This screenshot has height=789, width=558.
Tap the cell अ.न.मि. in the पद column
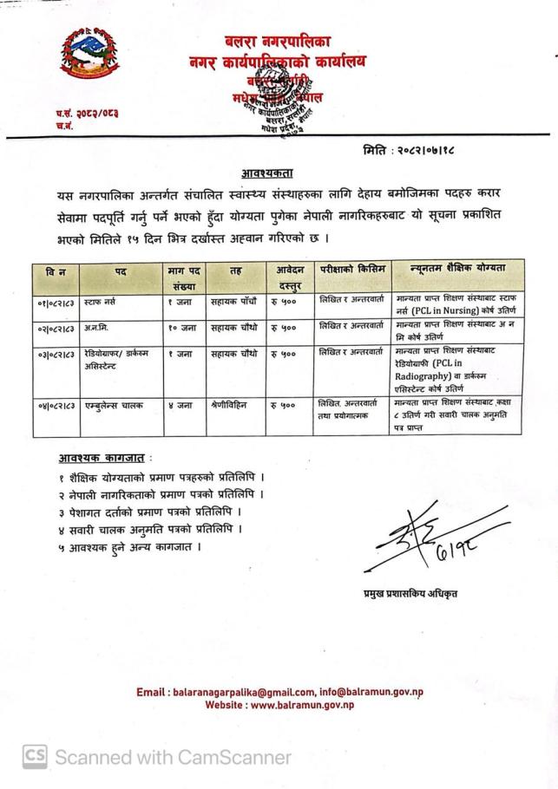coord(98,329)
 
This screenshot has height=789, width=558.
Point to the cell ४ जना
coord(179,404)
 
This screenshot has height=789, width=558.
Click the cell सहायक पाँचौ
coord(233,304)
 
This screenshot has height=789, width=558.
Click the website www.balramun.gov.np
coord(301,706)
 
